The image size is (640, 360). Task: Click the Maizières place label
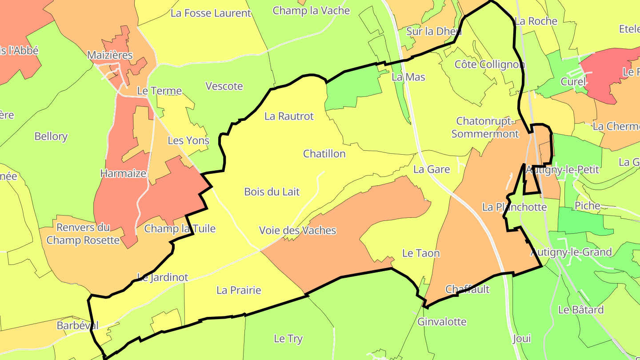point(110,56)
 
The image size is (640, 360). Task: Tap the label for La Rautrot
point(289,116)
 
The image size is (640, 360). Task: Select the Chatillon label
point(324,154)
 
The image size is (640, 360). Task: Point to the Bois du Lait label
point(272,192)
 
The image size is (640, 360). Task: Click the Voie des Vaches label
point(297,231)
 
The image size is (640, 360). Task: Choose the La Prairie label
point(239,291)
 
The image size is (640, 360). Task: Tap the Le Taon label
point(420,253)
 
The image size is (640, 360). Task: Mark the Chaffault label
point(467,289)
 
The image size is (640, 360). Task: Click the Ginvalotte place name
point(442,322)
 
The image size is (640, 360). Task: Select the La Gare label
point(431,169)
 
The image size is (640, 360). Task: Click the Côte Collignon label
point(489,65)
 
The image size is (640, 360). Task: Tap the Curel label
point(573,82)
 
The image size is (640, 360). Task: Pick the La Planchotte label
point(514,207)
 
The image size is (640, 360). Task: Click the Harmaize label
point(123,174)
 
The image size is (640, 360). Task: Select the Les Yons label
point(188,141)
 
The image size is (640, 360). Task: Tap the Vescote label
point(224,86)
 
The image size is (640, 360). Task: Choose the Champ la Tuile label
point(180,229)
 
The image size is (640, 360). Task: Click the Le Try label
point(288,339)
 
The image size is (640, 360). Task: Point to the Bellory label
point(51,136)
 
